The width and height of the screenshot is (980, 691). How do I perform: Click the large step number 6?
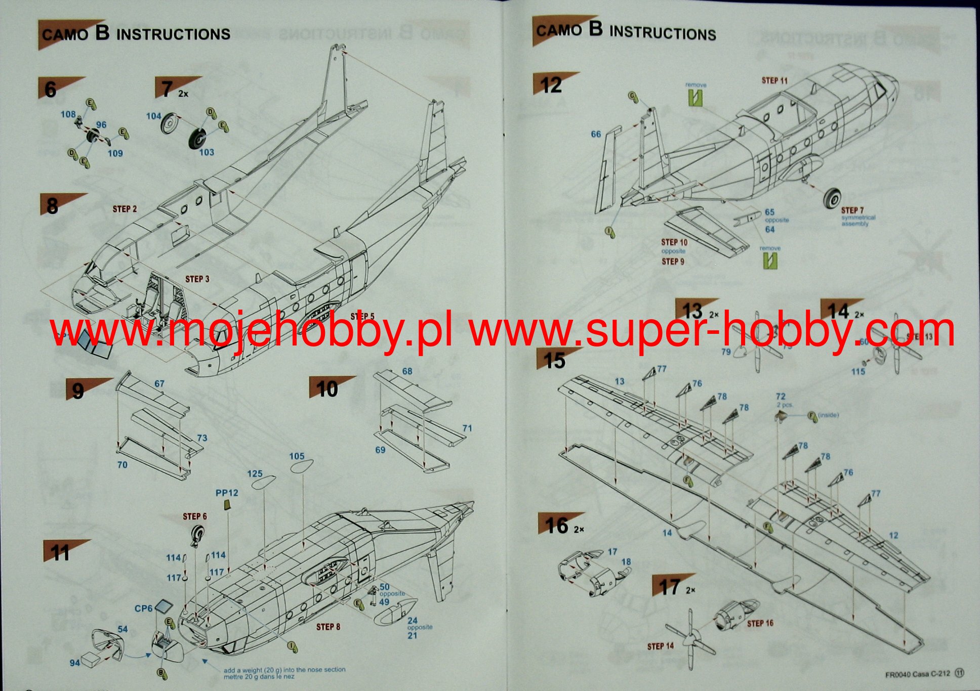coord(51,90)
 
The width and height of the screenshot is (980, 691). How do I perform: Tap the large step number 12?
coord(551,85)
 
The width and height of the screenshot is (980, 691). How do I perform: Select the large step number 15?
coord(554,361)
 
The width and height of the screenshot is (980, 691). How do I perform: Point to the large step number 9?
coord(78,391)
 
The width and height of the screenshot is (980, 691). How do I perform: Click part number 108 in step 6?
coord(68,114)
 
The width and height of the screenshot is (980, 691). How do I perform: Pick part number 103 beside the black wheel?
coord(207,152)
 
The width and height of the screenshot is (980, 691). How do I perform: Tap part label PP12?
coord(227,493)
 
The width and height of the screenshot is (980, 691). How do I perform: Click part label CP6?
coord(143,609)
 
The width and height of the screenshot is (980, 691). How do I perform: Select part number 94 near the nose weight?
coord(75,663)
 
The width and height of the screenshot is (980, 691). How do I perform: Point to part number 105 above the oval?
coord(297,456)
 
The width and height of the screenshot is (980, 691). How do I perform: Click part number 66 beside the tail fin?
coord(596,134)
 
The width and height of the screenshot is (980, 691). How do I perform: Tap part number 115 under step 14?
coord(858,372)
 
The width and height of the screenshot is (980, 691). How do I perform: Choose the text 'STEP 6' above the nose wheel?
coord(195,516)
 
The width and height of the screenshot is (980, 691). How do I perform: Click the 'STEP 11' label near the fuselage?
coord(774,80)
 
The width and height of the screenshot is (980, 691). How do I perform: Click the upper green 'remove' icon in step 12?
coord(696,97)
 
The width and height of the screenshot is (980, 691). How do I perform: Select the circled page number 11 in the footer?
coord(959,673)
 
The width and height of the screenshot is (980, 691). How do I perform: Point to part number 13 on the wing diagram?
coord(620,381)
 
